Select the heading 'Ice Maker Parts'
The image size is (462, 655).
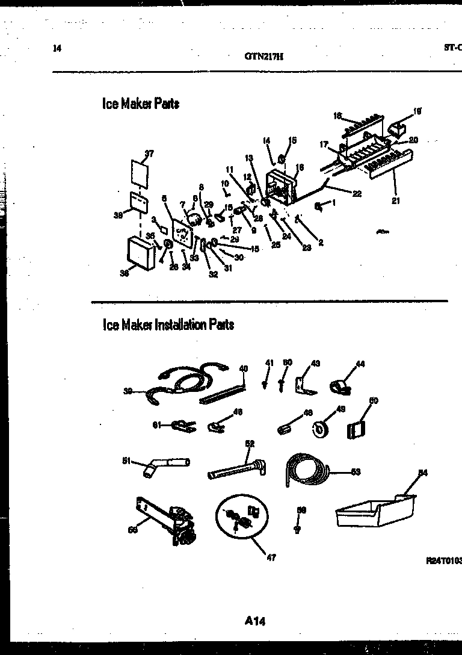pos(140,104)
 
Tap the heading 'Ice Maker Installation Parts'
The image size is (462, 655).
pos(168,325)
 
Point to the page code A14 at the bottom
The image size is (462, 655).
pos(255,621)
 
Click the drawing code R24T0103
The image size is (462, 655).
pos(443,560)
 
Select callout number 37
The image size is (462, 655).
pos(149,154)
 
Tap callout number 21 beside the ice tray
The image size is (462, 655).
pos(395,201)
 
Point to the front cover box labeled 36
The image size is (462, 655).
pos(142,253)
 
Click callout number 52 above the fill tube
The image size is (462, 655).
pos(250,444)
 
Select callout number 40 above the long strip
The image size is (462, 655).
pos(243,368)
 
